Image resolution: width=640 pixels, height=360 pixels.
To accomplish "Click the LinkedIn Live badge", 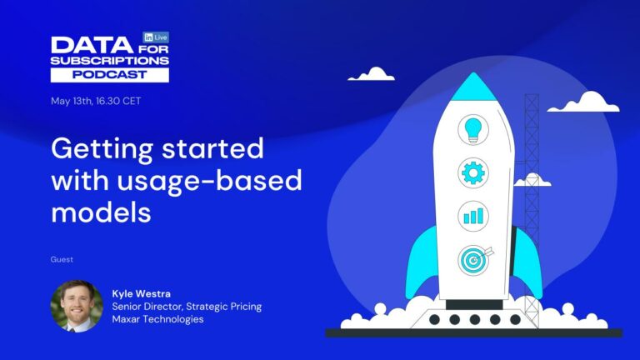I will pos(156,37).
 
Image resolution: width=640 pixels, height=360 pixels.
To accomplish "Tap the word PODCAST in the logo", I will pos(109,74).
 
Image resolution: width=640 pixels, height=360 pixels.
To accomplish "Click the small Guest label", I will pos(62,260).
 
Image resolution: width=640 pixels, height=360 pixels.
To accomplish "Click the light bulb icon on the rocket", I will pos(473,130).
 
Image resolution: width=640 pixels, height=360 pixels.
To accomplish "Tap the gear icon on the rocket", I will pos(473,173).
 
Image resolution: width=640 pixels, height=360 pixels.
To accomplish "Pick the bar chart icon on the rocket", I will pos(473,216).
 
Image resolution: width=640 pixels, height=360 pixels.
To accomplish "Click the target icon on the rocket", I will pos(473,259).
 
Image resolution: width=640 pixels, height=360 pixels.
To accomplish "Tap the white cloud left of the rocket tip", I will pos(372,74).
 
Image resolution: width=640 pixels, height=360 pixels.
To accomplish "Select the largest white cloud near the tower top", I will pos(594,102).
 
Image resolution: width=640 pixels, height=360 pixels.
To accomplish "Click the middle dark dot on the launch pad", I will pos(474,319).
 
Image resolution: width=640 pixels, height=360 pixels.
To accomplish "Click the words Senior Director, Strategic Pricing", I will pos(187,307).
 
